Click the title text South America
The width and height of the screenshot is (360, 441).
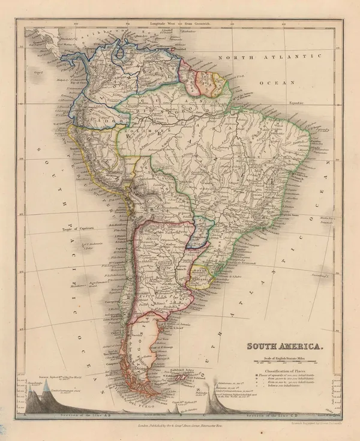286,346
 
